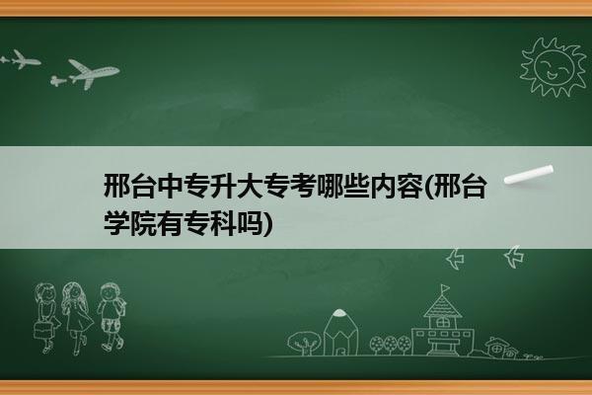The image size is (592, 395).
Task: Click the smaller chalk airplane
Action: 21,59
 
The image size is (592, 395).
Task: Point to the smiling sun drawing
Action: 554,67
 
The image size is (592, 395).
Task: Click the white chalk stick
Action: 529,175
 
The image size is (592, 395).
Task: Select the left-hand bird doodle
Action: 455,259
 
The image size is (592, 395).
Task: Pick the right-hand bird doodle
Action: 514,257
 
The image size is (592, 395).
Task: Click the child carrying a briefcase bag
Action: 46,318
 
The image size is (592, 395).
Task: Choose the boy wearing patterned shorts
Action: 111,317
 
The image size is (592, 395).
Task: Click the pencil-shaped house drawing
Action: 340,332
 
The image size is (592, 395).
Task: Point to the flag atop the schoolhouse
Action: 446,288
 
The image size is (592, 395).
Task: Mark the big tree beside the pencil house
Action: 304,343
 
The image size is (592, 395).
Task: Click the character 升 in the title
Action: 223,186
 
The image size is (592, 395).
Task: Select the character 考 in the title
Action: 303,186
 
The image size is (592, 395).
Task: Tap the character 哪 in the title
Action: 329,186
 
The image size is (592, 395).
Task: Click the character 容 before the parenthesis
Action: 408,186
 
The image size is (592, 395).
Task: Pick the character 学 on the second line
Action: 116,223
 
